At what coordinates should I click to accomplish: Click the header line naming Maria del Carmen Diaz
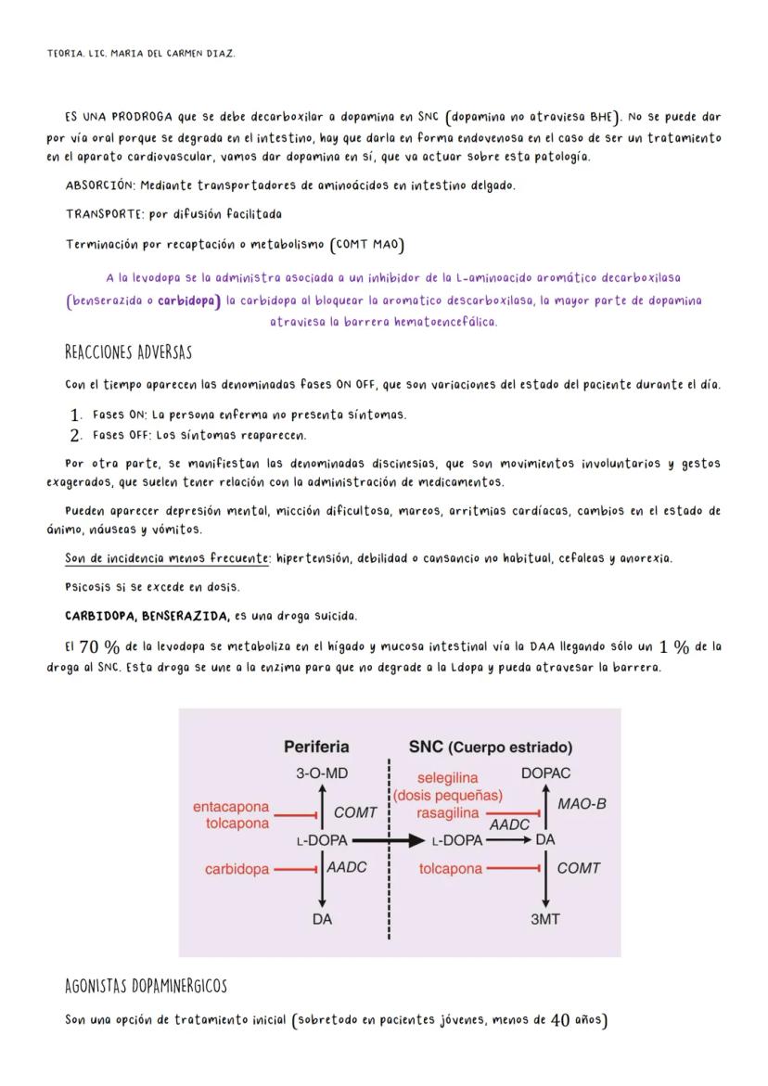(x=141, y=54)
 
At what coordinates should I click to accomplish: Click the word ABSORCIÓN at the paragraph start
(x=97, y=185)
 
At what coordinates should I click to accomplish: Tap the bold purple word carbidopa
(x=188, y=300)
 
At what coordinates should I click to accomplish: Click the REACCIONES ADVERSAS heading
(x=128, y=353)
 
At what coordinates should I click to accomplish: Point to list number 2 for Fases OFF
(x=77, y=435)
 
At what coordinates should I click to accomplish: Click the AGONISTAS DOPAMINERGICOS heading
(x=146, y=985)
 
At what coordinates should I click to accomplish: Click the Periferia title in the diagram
(x=316, y=747)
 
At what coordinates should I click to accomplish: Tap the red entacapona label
(x=231, y=807)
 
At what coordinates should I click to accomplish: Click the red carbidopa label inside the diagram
(x=237, y=869)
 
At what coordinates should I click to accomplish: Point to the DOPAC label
(x=546, y=773)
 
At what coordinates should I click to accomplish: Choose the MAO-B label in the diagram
(x=582, y=804)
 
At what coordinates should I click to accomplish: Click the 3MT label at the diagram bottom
(x=544, y=919)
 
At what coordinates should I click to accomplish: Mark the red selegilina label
(x=447, y=779)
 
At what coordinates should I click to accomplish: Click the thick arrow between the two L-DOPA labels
(x=388, y=841)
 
